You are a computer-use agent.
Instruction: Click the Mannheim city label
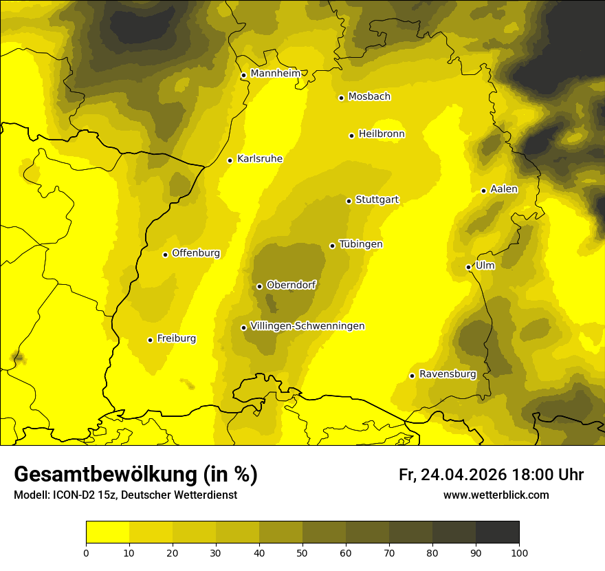(275, 74)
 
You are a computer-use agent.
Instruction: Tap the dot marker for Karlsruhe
(230, 160)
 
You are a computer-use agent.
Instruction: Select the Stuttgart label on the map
(377, 200)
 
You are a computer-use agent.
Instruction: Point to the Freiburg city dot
(150, 340)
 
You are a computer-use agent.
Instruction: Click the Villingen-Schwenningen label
(307, 326)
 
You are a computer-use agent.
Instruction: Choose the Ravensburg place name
(447, 374)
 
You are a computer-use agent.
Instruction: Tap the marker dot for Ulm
(468, 267)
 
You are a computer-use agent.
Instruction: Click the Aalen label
(504, 189)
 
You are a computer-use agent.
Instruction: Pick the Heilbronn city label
(382, 134)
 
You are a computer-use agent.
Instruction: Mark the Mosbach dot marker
(341, 98)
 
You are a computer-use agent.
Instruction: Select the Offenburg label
(196, 253)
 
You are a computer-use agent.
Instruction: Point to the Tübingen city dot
(332, 246)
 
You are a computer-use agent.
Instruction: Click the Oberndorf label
(291, 285)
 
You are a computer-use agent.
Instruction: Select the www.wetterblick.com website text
(496, 495)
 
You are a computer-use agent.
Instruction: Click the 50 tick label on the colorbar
(302, 552)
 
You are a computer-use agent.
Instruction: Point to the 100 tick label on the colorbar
(519, 552)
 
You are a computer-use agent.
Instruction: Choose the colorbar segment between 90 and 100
(497, 532)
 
